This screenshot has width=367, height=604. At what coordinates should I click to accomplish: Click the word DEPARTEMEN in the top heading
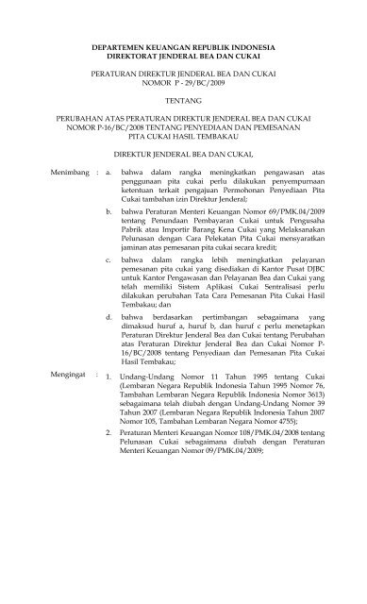click(108, 44)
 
